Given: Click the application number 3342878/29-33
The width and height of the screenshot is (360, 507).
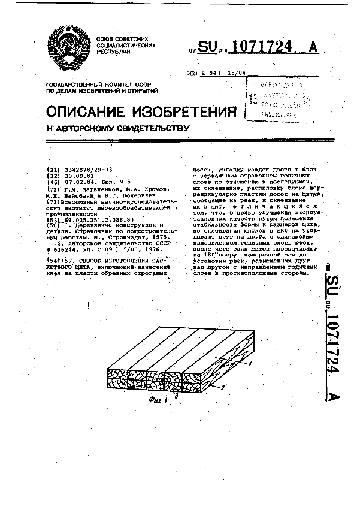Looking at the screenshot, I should coord(86,170).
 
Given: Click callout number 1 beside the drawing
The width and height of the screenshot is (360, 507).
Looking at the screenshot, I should coord(249,364).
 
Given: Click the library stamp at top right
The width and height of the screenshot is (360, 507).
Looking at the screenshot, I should coord(279,96).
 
